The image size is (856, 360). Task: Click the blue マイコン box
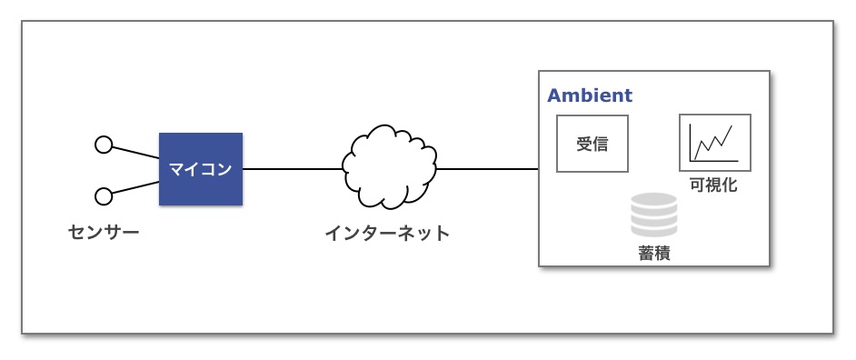pos(200,169)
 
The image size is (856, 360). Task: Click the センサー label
pos(104,233)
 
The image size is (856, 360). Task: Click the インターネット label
pos(388,234)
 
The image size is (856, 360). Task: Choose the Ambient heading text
pos(590,95)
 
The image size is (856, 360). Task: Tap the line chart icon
pos(714,143)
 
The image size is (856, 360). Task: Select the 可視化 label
pos(713,185)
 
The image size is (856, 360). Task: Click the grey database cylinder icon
pos(654,215)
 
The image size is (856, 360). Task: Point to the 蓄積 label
pos(654,254)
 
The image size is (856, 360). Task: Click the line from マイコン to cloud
pos(293,169)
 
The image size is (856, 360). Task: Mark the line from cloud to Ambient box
pos(487,169)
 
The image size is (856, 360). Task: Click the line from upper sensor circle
pos(135,153)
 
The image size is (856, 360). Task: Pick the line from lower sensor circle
pos(135,187)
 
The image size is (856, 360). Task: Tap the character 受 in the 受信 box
pos(584,145)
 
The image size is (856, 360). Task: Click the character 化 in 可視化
pos(730,185)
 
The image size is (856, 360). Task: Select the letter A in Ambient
pos(553,95)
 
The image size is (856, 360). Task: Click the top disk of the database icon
pos(654,199)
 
